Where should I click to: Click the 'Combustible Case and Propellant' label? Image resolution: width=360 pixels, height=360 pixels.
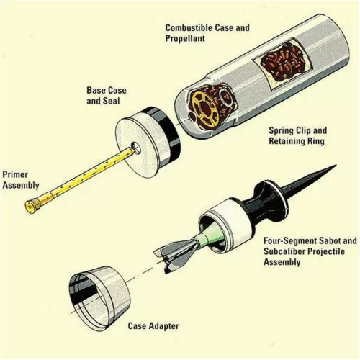coord(207,33)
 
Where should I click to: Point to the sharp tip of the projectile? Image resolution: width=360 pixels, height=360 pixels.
coord(333,166)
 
